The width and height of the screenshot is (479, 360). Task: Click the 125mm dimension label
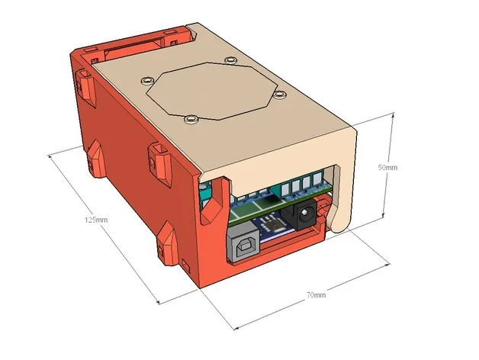(96, 220)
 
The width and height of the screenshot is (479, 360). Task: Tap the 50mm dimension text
(387, 167)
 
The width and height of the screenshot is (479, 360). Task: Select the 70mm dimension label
(316, 294)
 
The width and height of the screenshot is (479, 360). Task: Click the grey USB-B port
(242, 246)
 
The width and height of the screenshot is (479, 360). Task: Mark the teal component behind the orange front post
(204, 195)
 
